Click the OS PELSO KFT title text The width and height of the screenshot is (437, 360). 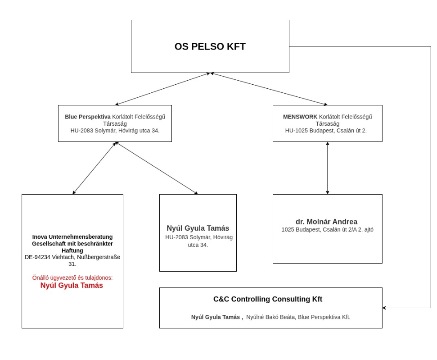point(210,46)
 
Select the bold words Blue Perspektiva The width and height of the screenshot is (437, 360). point(87,117)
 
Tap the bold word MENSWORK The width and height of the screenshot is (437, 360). point(300,117)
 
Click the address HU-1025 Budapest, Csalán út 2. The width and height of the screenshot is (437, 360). point(326,131)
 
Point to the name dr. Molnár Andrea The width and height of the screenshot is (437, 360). point(326,222)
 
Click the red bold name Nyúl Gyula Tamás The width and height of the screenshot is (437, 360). point(72,286)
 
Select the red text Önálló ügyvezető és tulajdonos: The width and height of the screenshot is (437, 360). point(72,278)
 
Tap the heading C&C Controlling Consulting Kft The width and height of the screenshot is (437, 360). point(268,299)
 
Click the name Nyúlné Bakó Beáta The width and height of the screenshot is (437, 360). point(270,317)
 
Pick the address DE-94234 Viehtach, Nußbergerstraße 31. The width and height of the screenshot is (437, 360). point(72,260)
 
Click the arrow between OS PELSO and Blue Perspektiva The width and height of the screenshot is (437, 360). point(162,89)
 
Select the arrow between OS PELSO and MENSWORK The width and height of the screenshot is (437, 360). point(269,89)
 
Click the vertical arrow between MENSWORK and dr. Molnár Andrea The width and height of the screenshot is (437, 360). point(328,168)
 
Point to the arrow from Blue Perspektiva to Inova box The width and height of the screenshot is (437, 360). point(94,168)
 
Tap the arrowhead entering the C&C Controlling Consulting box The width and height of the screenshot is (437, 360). point(384,308)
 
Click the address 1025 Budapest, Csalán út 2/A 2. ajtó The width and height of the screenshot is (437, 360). point(328,230)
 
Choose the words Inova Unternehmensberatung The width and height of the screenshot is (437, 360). point(72,237)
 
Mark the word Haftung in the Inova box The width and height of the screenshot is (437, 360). point(72,251)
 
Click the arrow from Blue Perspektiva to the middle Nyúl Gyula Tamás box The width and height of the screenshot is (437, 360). point(157,168)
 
